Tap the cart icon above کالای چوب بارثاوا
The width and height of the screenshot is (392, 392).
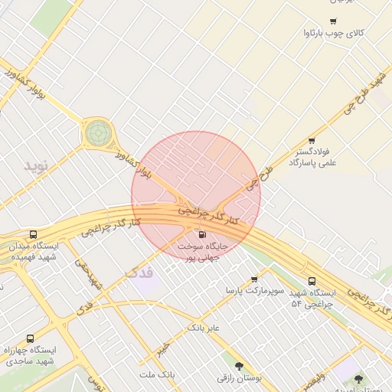[x=332, y=21]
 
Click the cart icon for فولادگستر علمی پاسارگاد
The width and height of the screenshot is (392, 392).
[x=312, y=141]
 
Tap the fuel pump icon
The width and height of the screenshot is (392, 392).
[x=202, y=234]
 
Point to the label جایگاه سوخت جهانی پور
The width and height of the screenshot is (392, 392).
[x=202, y=252]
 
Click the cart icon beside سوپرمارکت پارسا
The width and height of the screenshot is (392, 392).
[x=254, y=279]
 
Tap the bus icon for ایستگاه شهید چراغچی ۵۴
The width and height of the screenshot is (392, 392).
[x=312, y=282]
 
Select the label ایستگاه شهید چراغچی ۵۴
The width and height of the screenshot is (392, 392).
[x=312, y=299]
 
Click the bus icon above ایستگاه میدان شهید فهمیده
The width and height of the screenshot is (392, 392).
[x=31, y=234]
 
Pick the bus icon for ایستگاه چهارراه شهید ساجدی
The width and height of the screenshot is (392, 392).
[x=30, y=338]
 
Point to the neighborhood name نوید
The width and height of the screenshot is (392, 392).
[x=35, y=165]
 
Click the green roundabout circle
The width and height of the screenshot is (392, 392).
[x=97, y=132]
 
